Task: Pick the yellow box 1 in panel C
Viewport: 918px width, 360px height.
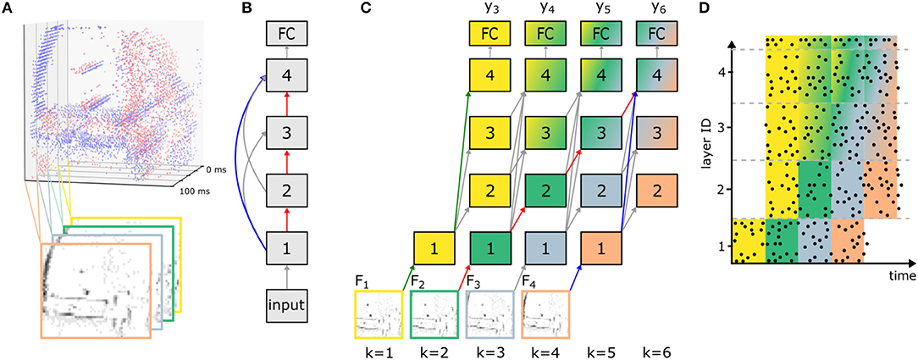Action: pos(434,249)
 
